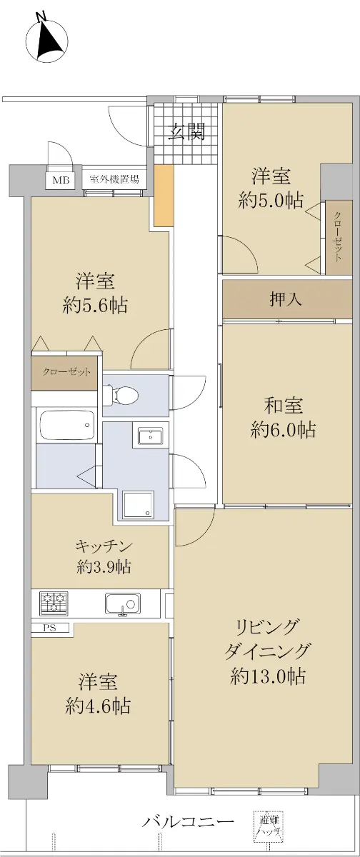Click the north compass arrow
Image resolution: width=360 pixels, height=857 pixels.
(49, 39)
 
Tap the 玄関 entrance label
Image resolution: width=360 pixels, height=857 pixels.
(187, 131)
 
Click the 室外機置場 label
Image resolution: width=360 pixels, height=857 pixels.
(114, 179)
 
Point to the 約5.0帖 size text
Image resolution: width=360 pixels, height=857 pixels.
(271, 200)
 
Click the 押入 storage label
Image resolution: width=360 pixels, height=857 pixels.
(286, 299)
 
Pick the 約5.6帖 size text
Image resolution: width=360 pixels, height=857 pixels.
(95, 306)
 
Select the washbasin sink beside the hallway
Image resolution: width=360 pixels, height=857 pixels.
(150, 436)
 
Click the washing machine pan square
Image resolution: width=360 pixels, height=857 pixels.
(138, 505)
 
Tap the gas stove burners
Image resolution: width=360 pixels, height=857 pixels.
(54, 603)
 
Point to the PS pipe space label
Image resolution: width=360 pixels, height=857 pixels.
(50, 628)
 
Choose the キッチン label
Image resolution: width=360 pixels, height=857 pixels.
(104, 546)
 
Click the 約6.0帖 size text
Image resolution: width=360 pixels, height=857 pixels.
(283, 430)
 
